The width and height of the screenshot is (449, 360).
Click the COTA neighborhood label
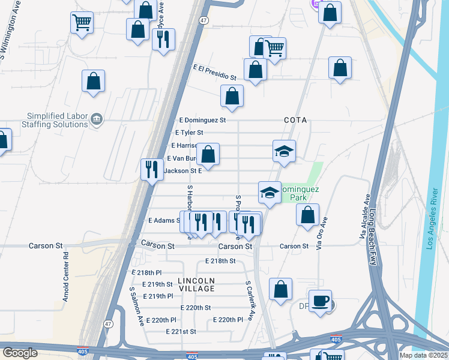click(x=295, y=120)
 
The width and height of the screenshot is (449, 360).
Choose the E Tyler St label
click(x=188, y=132)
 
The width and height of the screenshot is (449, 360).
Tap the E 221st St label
click(x=181, y=331)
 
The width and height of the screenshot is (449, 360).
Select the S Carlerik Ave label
click(x=250, y=301)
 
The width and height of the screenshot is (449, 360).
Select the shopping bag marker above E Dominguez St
click(x=232, y=96)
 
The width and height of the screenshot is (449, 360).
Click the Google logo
click(x=20, y=353)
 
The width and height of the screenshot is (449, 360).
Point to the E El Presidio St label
click(x=214, y=73)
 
